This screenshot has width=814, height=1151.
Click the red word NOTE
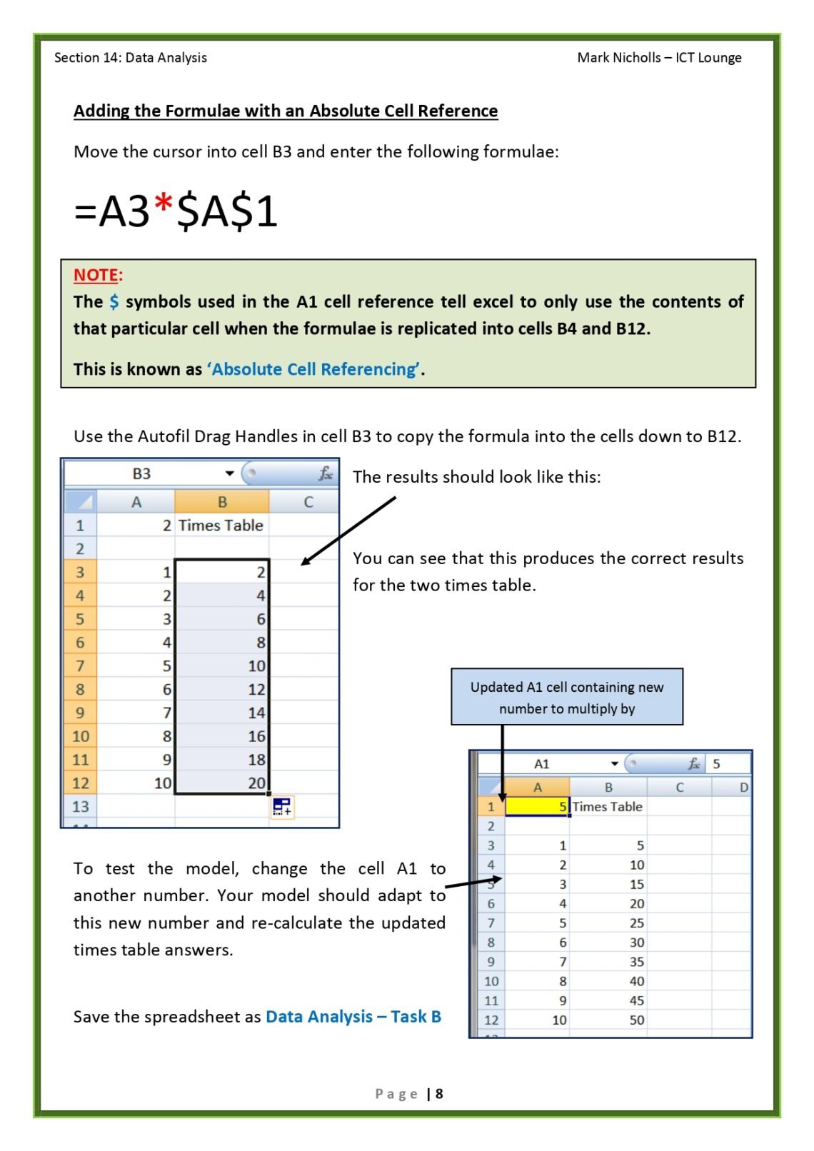pyautogui.click(x=96, y=275)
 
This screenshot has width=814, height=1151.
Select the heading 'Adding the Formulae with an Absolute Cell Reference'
pyautogui.click(x=286, y=111)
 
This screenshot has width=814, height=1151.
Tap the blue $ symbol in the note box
pyautogui.click(x=114, y=302)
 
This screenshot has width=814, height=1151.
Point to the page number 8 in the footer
pyautogui.click(x=439, y=1093)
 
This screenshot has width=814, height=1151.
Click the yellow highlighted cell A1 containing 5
pyautogui.click(x=537, y=807)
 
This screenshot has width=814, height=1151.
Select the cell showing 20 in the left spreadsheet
pyautogui.click(x=222, y=783)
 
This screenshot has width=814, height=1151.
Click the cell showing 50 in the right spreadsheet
pyautogui.click(x=608, y=1020)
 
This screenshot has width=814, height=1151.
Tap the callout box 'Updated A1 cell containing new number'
pyautogui.click(x=567, y=697)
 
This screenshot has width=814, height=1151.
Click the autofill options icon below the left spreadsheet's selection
pyautogui.click(x=282, y=807)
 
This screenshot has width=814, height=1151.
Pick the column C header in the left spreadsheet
pyautogui.click(x=308, y=502)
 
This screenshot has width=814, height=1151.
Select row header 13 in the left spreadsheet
pyautogui.click(x=81, y=807)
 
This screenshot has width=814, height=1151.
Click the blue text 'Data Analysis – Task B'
pyautogui.click(x=353, y=1017)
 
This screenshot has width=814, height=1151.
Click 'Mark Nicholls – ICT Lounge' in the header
pyautogui.click(x=659, y=58)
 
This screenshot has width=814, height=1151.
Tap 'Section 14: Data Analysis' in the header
pyautogui.click(x=131, y=58)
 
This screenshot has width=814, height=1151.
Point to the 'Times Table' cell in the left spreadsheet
pyautogui.click(x=221, y=526)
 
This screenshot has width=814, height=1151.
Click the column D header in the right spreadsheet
pyautogui.click(x=743, y=788)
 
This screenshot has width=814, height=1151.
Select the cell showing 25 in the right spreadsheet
pyautogui.click(x=608, y=923)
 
